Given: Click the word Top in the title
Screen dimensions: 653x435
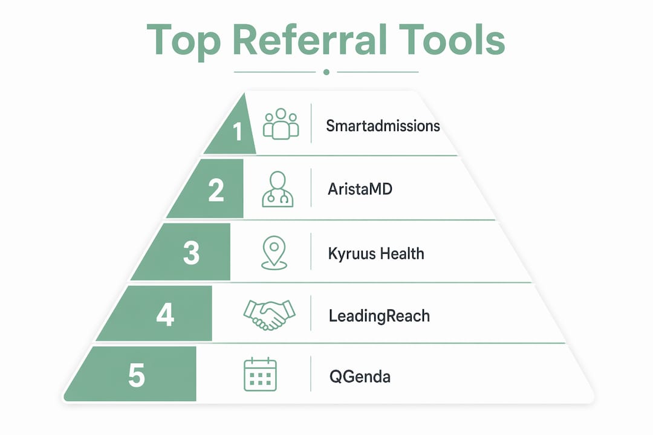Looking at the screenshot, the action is tap(184, 41).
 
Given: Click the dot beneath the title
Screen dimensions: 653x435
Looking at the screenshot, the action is tap(326, 72).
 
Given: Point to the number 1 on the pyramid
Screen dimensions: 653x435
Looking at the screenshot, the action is tap(238, 131).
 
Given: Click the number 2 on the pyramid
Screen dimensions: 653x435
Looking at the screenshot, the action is tap(216, 190).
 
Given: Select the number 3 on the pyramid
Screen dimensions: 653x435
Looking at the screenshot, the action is tap(191, 253).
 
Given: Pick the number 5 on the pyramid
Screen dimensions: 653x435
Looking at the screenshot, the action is tap(137, 375).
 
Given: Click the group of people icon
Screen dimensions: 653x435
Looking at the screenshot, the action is tap(281, 124).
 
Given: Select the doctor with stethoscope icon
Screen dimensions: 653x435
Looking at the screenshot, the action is tap(278, 189).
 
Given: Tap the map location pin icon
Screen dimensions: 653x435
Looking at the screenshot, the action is tap(274, 253).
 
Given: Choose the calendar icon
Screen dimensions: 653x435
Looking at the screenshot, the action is tap(260, 374).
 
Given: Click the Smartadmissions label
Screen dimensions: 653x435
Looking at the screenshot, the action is tap(383, 126).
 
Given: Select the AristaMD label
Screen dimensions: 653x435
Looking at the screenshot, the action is tap(360, 189).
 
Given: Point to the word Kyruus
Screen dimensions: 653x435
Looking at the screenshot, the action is tap(351, 254).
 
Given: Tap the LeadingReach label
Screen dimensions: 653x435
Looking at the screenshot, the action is tap(379, 316).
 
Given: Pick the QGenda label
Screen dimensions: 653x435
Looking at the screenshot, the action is tap(360, 377).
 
